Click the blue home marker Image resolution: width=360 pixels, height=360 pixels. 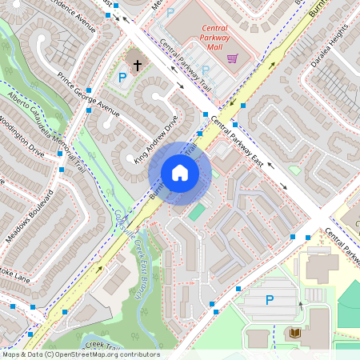pos(180,172)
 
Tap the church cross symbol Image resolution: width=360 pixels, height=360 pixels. pos(138,64)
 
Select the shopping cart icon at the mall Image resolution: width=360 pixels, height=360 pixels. pos(232,58)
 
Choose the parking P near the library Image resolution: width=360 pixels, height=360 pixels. pos(270,301)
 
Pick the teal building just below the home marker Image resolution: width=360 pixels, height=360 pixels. pos(196,212)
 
